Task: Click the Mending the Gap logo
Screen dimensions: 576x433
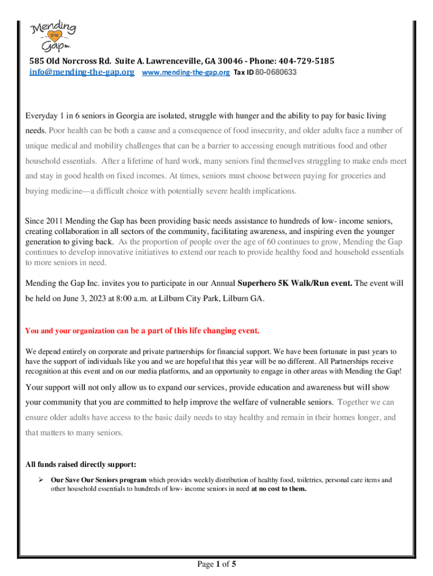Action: coord(54,35)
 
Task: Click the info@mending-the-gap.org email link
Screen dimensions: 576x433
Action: coord(82,73)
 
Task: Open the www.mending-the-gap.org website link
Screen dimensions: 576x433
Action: coord(186,73)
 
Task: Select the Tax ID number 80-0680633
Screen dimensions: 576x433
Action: coord(276,73)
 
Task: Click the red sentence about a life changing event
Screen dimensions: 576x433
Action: coord(143,330)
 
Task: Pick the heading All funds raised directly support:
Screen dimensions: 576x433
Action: coord(81,465)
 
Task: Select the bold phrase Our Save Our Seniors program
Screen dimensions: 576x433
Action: coord(99,480)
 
